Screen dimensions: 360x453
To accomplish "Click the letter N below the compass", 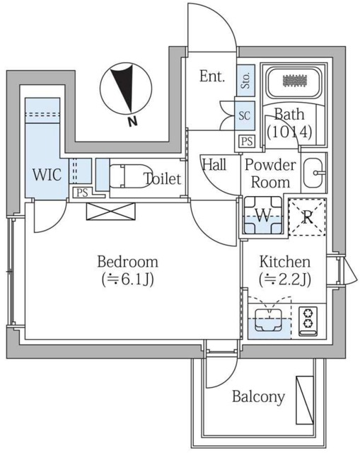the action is point(132,122).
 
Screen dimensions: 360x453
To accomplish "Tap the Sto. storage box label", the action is point(245,80).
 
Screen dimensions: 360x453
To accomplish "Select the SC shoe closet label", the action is point(244,115).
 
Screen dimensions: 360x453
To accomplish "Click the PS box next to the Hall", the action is point(247,142).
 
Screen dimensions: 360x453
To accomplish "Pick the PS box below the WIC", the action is point(82,193).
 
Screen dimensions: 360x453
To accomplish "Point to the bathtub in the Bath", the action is point(294,82).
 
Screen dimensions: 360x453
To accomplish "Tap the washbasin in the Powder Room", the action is point(313,173).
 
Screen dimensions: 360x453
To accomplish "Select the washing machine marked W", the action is point(262,215).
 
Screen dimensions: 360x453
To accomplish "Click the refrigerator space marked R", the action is point(308,217).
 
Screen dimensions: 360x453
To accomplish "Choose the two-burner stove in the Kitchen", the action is point(308,321).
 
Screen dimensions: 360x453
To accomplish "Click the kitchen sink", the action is point(269,319).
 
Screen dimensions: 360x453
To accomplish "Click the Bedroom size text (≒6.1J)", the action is point(127,280).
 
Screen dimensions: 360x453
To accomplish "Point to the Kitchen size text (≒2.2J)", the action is point(285,280).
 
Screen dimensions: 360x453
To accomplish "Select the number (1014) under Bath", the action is point(289,132).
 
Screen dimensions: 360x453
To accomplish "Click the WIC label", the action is point(47,175).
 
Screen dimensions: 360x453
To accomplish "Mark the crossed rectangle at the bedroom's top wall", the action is point(110,212).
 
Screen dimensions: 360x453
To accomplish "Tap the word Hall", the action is point(214,165).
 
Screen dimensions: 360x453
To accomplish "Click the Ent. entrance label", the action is point(212,76).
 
